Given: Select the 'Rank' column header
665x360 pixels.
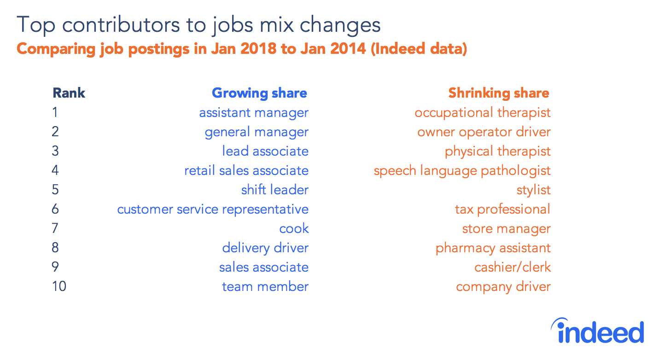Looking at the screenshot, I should point(69,93).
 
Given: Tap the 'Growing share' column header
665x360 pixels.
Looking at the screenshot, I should point(259,93).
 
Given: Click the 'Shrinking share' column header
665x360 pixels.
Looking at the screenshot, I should point(499,93).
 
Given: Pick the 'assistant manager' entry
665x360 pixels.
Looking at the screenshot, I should point(254,113).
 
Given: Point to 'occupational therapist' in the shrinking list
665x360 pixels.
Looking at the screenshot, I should point(483,113).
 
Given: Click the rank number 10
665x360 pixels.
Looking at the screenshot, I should point(59,286).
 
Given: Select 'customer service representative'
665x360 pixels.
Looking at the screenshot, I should point(213,209).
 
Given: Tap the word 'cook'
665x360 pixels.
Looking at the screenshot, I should point(294,229).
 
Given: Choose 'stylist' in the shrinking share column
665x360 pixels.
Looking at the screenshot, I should point(533,190).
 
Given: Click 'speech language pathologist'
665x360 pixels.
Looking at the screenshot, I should point(462,171).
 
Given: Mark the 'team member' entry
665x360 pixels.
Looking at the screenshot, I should point(265,286).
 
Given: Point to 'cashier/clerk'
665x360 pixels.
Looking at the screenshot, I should point(513,267).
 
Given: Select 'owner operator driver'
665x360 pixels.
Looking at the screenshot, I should point(484,132).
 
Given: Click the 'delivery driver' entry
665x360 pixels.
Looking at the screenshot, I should point(265,248).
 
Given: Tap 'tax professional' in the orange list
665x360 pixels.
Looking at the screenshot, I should point(502,209).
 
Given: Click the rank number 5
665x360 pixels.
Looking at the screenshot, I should point(55,190).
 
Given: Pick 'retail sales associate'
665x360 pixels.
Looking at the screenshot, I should point(246,171).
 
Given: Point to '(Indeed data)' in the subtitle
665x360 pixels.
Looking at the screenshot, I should point(419,49).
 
